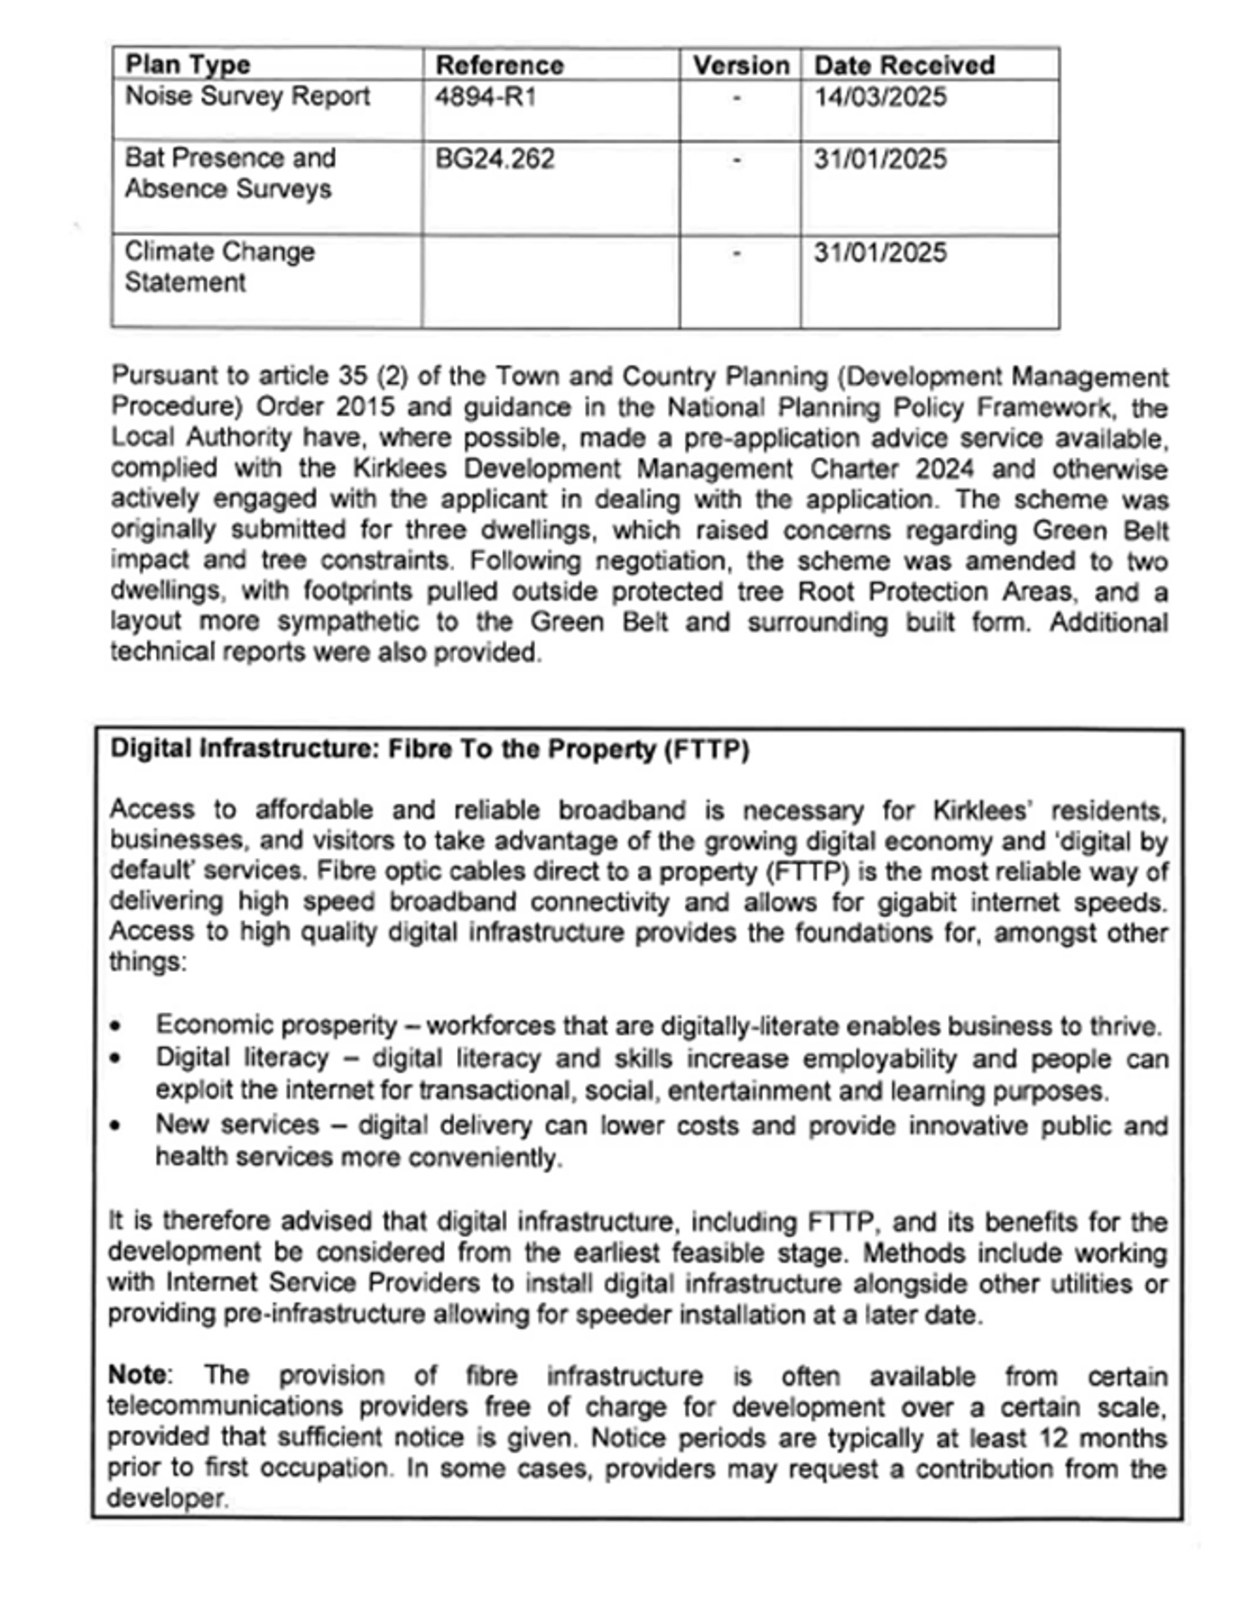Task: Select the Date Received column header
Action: click(x=904, y=65)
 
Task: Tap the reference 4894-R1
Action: click(x=485, y=97)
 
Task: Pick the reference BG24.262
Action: click(x=494, y=159)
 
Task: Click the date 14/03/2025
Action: click(x=880, y=97)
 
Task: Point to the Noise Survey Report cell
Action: click(x=247, y=97)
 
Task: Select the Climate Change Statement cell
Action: click(x=219, y=267)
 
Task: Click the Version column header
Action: click(x=740, y=65)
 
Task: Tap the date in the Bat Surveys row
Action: click(x=880, y=159)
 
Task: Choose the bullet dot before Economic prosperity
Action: click(x=115, y=1026)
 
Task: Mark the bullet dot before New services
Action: click(x=115, y=1127)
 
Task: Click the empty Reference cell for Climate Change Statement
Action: click(x=550, y=282)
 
